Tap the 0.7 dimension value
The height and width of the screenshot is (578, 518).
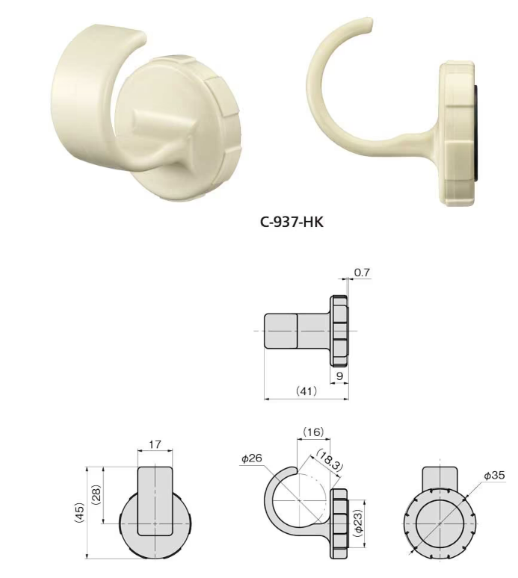point(362,273)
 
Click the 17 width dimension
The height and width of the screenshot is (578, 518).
point(155,444)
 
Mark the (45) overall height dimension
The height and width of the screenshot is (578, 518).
point(78,513)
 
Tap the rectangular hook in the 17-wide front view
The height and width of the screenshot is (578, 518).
point(155,500)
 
